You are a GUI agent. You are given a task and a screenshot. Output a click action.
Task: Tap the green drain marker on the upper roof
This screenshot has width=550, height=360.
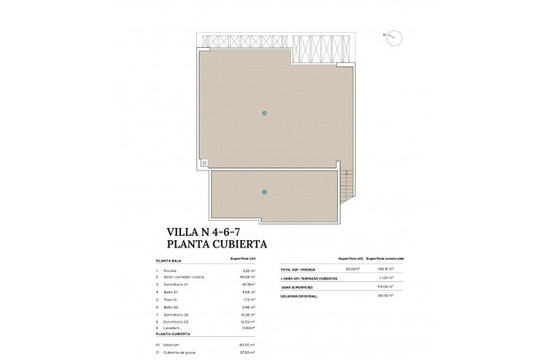[264, 112]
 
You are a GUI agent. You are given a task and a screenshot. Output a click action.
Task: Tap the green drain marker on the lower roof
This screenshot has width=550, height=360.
[264, 192]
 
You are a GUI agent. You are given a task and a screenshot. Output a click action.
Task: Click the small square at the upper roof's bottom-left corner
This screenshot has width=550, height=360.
[205, 162]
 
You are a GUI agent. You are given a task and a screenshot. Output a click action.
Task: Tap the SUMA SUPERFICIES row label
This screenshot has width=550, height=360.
[297, 286]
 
